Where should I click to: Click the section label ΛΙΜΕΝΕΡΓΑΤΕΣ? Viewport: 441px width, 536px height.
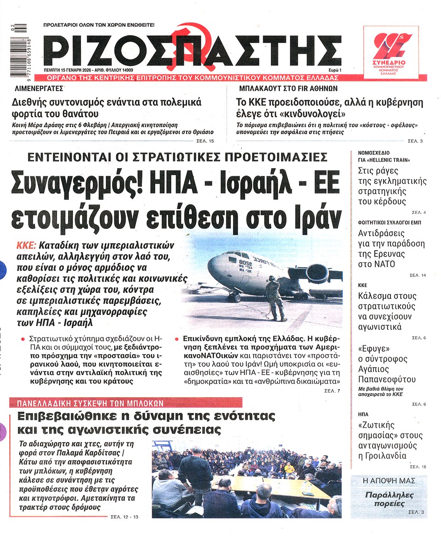[x=38, y=88]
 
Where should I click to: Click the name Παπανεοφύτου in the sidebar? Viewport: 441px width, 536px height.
[x=386, y=379]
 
